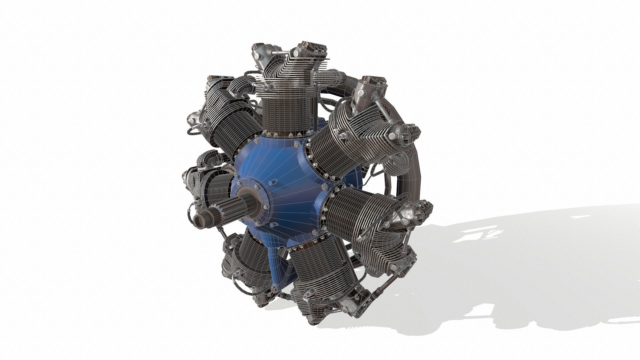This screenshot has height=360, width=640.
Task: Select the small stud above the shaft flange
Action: [271, 182]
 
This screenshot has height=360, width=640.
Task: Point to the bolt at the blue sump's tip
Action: [273, 289]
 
